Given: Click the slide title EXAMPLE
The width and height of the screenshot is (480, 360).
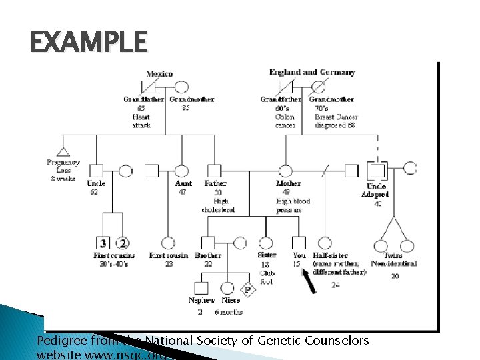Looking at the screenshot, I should point(88,42).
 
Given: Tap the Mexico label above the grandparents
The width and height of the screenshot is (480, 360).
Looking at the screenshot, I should point(159,73).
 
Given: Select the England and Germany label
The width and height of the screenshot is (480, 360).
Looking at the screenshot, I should point(312,72).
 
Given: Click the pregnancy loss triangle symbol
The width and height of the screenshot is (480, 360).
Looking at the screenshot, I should point(64,151).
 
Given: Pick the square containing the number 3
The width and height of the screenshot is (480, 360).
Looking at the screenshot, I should point(103,243).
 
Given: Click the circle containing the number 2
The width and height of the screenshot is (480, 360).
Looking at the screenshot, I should point(123,243).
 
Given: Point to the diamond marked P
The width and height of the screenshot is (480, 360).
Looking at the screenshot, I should point(247,290).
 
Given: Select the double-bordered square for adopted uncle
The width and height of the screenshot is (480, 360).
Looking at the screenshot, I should point(377,171).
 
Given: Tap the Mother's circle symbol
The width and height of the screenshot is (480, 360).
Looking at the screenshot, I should point(285,171).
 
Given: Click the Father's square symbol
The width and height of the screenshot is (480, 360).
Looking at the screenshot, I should point(213,171).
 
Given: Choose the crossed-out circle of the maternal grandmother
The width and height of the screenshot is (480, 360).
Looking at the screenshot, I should point(319,87).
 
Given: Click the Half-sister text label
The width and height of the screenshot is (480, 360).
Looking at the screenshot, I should point(330,255).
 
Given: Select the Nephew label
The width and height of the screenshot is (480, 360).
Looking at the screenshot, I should point(201,301).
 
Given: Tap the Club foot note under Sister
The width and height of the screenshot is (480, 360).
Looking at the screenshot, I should point(267,277).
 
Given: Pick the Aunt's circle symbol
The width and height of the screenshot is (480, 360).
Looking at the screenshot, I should point(181,171).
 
